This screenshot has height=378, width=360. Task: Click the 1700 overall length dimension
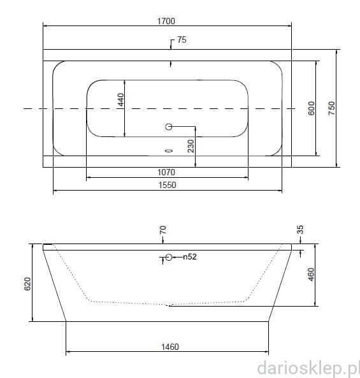pos(166,21)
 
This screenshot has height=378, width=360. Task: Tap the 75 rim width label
pos(182,40)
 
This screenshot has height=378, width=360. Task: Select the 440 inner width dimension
pos(120,100)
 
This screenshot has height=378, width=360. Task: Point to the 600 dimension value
pos(312,108)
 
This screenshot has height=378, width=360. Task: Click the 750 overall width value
pos(331,108)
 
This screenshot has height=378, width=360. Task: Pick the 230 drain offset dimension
pos(191,146)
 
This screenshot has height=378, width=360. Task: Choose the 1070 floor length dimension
pos(166,172)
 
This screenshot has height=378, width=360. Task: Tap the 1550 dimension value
pos(167,185)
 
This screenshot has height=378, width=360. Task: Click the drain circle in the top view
pos(169,127)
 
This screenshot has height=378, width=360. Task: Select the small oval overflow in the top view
pos(169,151)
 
